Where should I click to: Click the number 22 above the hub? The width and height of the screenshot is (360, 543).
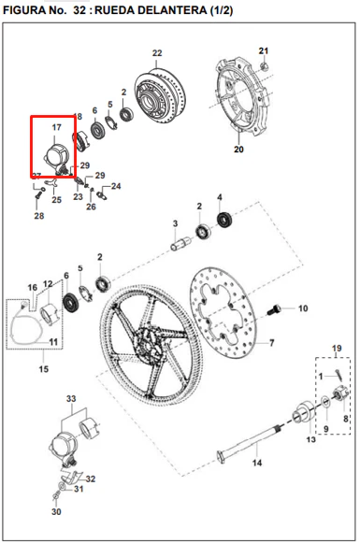coord(157,53)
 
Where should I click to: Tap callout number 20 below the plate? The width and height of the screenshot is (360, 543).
coord(238,150)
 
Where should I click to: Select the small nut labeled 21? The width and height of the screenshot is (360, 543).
coord(264,65)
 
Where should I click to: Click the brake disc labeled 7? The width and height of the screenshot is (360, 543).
coord(223,312)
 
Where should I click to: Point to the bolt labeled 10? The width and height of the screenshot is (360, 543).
coord(273,309)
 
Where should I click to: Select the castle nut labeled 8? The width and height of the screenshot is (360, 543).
coord(341,393)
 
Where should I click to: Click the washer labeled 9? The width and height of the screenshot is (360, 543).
coord(325,402)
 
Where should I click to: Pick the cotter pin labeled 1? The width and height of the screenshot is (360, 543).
coord(338,375)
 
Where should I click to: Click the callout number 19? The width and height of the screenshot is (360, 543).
coord(337,348)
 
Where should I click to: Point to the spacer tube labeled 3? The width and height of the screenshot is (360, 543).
coord(180,243)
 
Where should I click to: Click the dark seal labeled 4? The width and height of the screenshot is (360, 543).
coord(223,220)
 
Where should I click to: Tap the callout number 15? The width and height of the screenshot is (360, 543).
coord(44,369)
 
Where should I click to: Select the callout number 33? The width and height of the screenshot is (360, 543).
coord(71,398)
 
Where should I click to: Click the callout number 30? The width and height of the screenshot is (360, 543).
coord(56,511)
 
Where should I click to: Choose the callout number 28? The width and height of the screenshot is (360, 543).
coord(39,216)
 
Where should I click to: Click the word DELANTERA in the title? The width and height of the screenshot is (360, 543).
coord(172,10)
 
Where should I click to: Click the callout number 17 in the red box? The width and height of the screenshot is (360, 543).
coord(56,127)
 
